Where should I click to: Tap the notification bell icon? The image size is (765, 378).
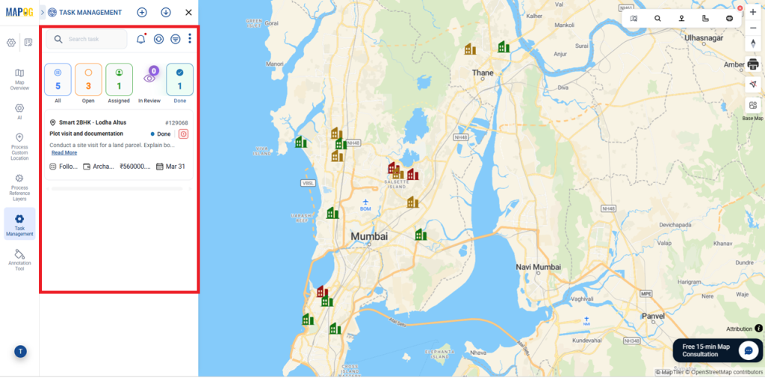point(140,39)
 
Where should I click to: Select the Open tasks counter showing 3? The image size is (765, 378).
point(88,80)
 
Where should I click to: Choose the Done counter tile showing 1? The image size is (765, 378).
point(179,80)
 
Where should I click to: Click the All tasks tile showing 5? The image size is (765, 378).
point(58,80)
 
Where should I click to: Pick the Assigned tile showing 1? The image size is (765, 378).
point(119,80)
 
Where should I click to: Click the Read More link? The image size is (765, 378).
point(64,152)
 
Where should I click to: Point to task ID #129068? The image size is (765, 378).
point(176,123)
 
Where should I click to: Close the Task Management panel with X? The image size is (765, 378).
point(188,12)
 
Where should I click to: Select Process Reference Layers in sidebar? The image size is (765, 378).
point(19,188)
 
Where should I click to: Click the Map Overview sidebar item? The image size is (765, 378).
point(19,78)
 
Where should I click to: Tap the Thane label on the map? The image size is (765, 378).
point(483,72)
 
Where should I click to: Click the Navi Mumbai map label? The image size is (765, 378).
point(538,267)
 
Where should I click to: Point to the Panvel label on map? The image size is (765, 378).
point(652,315)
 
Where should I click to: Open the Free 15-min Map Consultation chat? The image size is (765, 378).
point(748,350)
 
